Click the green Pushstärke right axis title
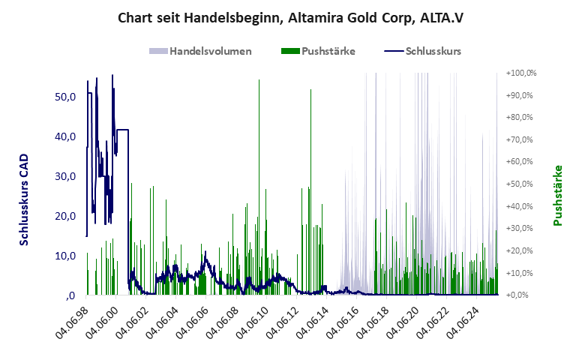[x=557, y=196]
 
